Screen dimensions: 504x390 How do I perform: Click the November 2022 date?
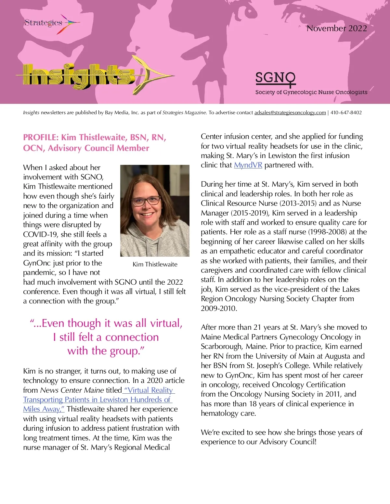pos(336,28)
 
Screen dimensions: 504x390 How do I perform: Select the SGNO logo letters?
pos(275,78)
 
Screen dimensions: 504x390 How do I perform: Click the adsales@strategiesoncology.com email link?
pos(290,113)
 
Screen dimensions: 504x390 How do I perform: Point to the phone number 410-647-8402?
pos(346,113)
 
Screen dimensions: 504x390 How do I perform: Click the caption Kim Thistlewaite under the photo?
pos(155,264)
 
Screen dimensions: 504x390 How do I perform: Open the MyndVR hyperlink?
pos(248,165)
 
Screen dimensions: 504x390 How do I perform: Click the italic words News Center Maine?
pos(72,390)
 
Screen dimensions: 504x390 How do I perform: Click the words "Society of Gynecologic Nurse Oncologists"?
pos(311,92)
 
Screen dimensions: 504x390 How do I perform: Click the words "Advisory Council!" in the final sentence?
pos(288,442)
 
